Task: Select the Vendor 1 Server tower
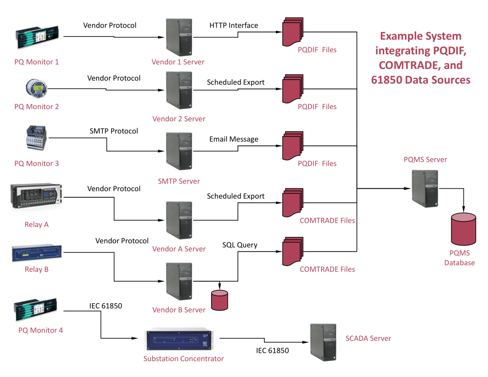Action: pyautogui.click(x=179, y=37)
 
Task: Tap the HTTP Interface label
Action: pyautogui.click(x=234, y=25)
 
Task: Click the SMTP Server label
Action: pyautogui.click(x=179, y=181)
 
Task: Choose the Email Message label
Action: pyautogui.click(x=234, y=139)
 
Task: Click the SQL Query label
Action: pyautogui.click(x=240, y=245)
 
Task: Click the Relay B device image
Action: pyautogui.click(x=37, y=253)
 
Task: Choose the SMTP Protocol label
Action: pyautogui.click(x=114, y=131)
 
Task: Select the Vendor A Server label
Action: pyautogui.click(x=179, y=249)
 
